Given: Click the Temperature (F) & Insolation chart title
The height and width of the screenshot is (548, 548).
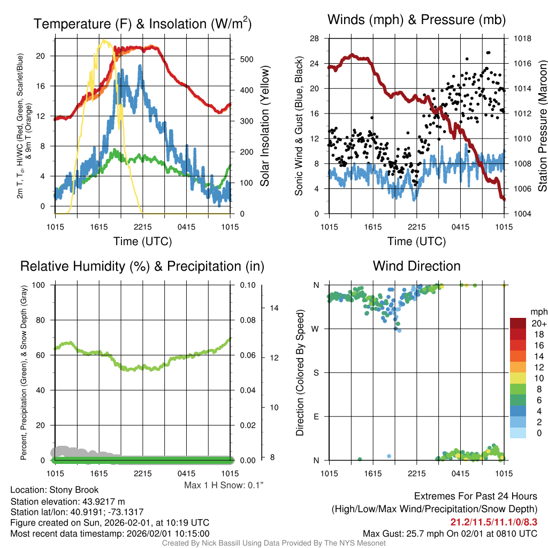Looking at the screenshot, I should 142,24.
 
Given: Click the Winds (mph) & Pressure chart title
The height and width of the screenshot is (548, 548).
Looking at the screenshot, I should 416,20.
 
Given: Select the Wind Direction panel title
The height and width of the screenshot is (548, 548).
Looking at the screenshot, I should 416,266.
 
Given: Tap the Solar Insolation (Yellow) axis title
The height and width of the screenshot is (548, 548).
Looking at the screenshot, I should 264,126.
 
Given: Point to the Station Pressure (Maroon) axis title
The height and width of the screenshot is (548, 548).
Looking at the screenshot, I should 542,126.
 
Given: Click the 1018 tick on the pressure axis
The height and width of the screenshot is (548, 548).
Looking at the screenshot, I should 523,39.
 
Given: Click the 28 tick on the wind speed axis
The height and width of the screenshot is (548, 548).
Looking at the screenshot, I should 315,39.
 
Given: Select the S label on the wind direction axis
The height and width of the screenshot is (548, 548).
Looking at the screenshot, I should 316,372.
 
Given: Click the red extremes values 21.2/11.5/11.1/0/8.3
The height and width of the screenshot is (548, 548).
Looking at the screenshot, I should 493,522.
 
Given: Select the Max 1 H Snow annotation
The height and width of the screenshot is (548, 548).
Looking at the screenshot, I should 224,485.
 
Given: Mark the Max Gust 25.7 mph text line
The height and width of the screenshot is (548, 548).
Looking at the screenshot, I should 450,534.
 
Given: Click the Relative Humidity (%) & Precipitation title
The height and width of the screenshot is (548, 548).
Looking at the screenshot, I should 142,266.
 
